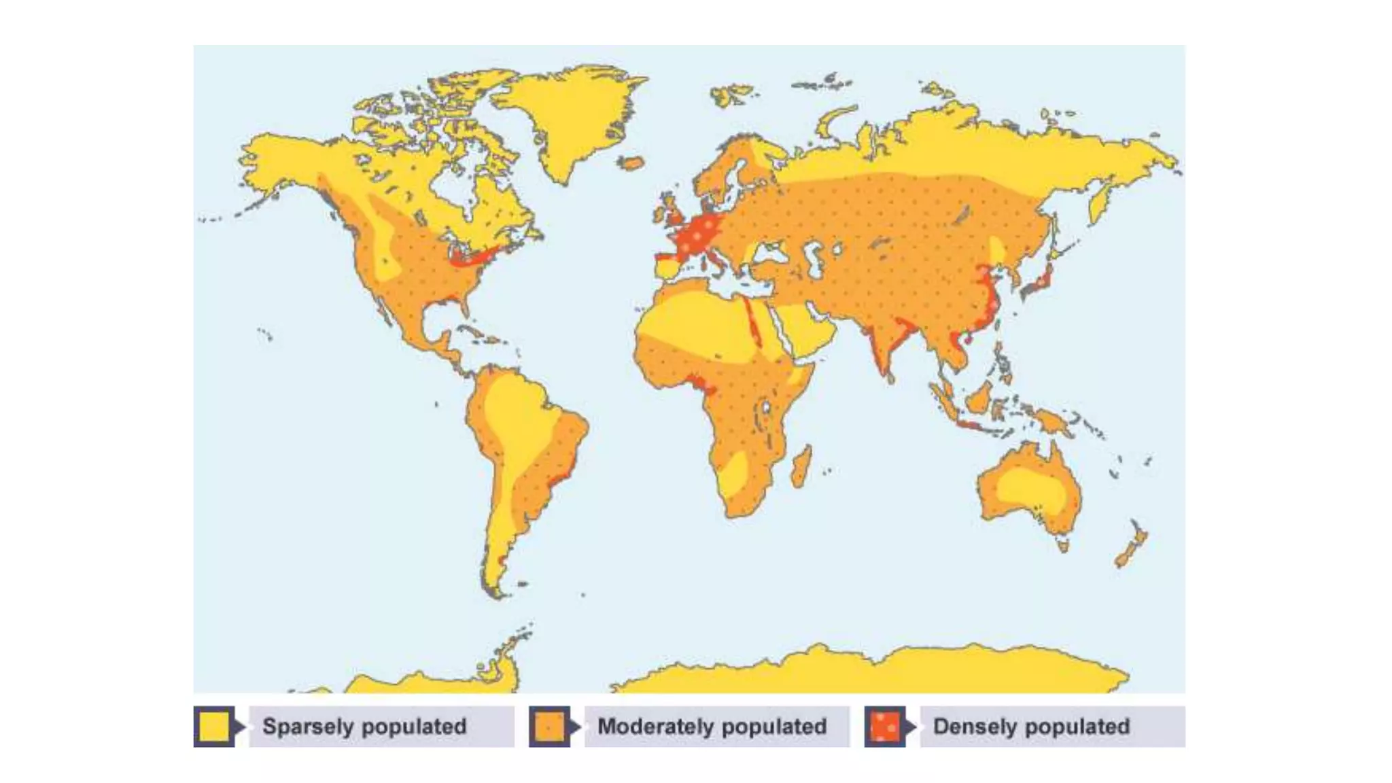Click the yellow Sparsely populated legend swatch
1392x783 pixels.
213,727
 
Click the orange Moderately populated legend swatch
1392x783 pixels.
549,727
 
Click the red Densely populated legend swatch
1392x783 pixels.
884,727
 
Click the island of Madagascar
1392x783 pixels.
801,466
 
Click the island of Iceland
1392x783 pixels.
631,163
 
